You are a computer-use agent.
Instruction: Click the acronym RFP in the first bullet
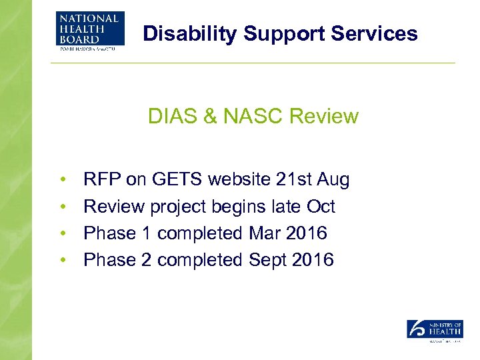[99, 179]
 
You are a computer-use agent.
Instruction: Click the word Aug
[333, 180]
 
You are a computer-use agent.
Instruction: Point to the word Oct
[321, 207]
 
